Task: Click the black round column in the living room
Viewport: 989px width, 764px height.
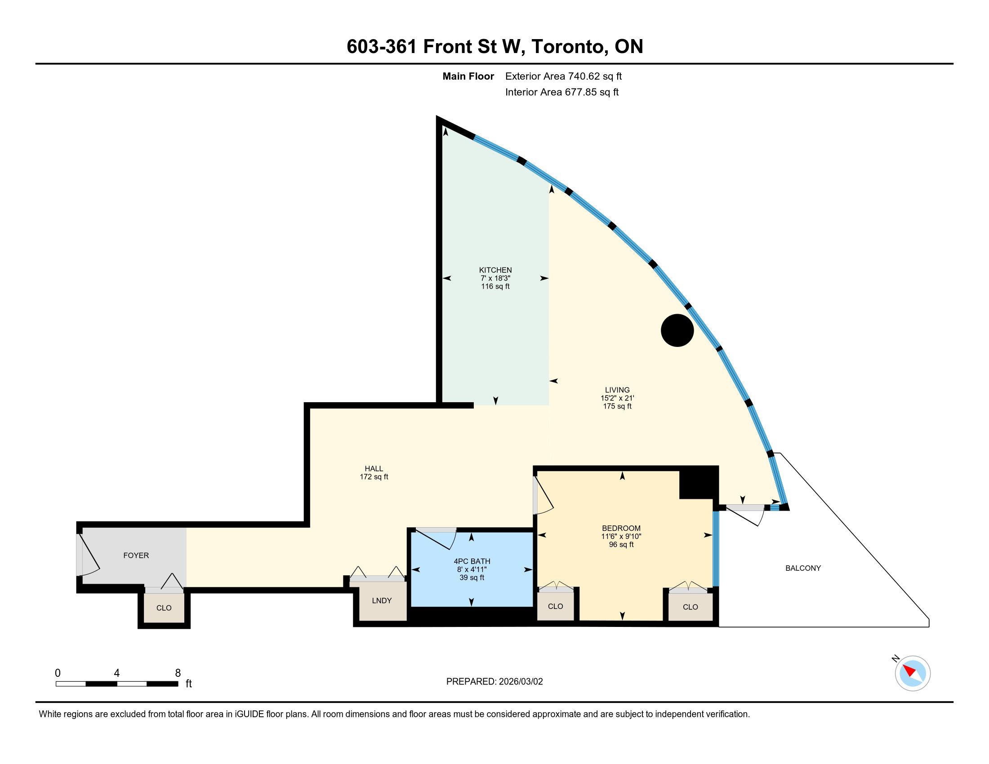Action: click(x=677, y=330)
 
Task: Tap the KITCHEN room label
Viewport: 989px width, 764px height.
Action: click(x=495, y=270)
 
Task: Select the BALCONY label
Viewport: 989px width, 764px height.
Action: click(x=803, y=568)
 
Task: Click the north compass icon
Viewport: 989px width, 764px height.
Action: click(x=912, y=673)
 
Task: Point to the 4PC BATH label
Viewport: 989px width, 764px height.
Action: click(x=472, y=561)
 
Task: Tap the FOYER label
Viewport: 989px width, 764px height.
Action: click(x=136, y=555)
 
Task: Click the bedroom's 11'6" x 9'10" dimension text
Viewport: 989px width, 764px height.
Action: click(x=621, y=536)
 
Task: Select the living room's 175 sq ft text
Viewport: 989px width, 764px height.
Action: click(x=617, y=406)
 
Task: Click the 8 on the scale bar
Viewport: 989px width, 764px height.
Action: click(x=178, y=673)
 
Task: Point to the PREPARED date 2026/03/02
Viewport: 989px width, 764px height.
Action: click(x=520, y=682)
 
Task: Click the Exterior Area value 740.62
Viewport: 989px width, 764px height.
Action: click(x=584, y=76)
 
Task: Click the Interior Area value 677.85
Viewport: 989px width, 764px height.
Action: click(x=580, y=92)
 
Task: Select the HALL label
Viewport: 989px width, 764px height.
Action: click(x=374, y=468)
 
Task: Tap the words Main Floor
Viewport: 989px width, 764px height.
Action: click(x=468, y=76)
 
